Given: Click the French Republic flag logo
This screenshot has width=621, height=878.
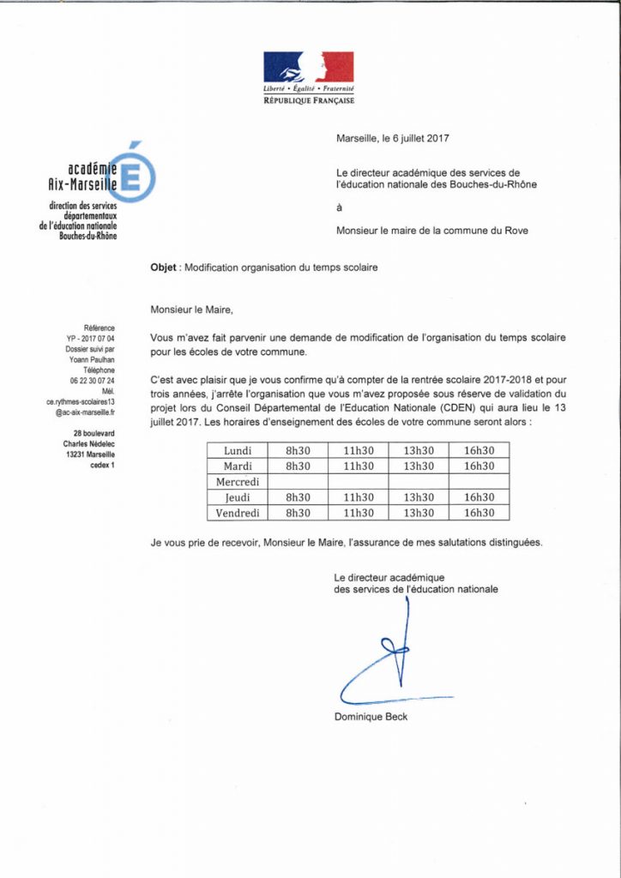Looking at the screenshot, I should point(308,68).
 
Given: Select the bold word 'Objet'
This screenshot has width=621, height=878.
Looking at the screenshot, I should point(165,268).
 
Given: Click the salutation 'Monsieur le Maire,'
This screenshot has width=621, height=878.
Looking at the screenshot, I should point(191,310).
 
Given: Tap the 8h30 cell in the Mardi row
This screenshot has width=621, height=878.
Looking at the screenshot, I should point(298,466).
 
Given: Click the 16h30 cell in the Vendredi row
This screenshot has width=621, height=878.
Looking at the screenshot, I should point(479,513).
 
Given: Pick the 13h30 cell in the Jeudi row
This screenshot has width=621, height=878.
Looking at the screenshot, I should point(419,497).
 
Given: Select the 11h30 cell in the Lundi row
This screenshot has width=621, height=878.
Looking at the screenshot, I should point(359,451).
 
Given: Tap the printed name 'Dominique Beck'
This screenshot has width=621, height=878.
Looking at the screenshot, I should point(371,717).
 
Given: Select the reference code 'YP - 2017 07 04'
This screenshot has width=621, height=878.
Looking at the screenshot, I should point(90,339).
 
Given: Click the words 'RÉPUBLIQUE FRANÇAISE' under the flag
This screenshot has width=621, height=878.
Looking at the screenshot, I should point(308,100).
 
